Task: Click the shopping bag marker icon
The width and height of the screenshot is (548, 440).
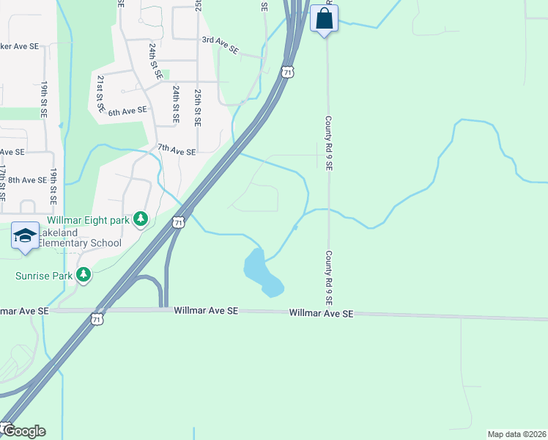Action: click(x=324, y=18)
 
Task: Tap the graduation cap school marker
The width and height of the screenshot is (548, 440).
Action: click(x=25, y=235)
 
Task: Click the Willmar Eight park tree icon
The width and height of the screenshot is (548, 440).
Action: click(x=141, y=219)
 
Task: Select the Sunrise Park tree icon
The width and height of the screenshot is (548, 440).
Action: click(x=84, y=275)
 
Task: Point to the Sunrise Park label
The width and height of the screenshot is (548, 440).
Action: click(x=44, y=276)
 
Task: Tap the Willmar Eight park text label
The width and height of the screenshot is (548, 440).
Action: click(x=88, y=219)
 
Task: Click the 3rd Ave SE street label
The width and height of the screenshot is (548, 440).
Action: click(x=221, y=44)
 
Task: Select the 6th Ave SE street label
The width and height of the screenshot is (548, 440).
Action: click(x=127, y=111)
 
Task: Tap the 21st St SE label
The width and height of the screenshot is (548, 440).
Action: click(x=100, y=93)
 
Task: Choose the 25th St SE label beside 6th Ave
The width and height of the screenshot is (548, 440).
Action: click(x=198, y=108)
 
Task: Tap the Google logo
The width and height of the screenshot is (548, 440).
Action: click(x=23, y=431)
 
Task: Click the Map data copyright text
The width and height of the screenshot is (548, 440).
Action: click(x=517, y=434)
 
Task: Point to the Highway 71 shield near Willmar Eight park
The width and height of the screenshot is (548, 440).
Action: click(x=178, y=221)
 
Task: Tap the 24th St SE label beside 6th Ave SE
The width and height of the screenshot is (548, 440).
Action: click(x=176, y=103)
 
